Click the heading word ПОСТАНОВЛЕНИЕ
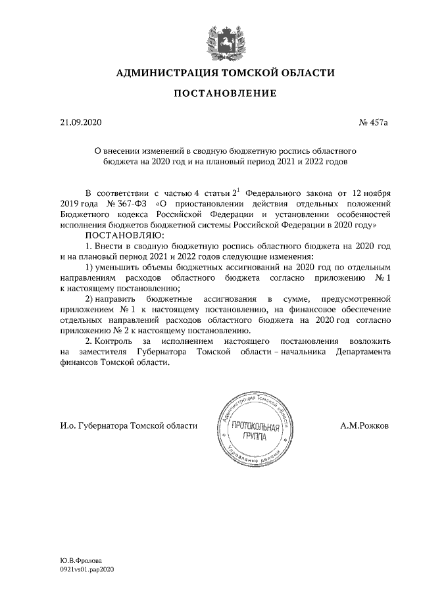(224, 95)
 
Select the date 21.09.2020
(78, 122)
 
